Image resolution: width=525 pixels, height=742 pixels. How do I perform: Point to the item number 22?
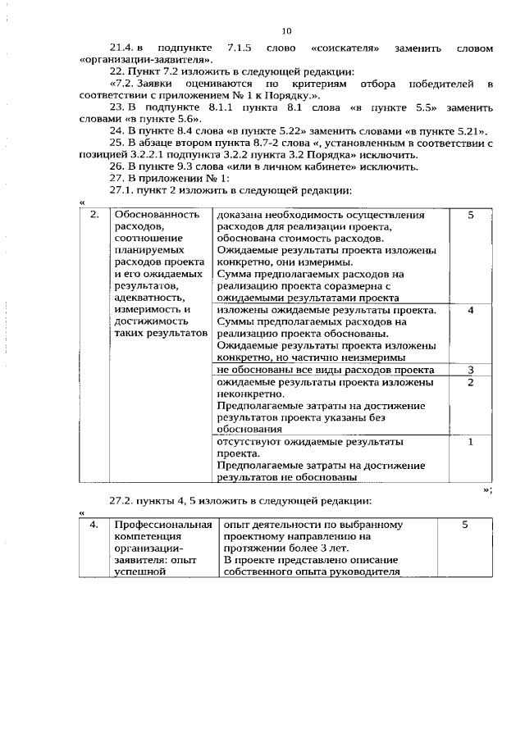[118, 72]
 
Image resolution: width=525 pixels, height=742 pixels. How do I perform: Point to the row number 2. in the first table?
[94, 216]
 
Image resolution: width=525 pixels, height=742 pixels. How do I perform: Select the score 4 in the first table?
[470, 311]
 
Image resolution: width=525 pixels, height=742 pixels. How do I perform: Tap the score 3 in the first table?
[470, 371]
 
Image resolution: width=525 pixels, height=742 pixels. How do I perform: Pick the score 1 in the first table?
[470, 442]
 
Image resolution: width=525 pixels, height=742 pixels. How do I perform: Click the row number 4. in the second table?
[94, 525]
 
